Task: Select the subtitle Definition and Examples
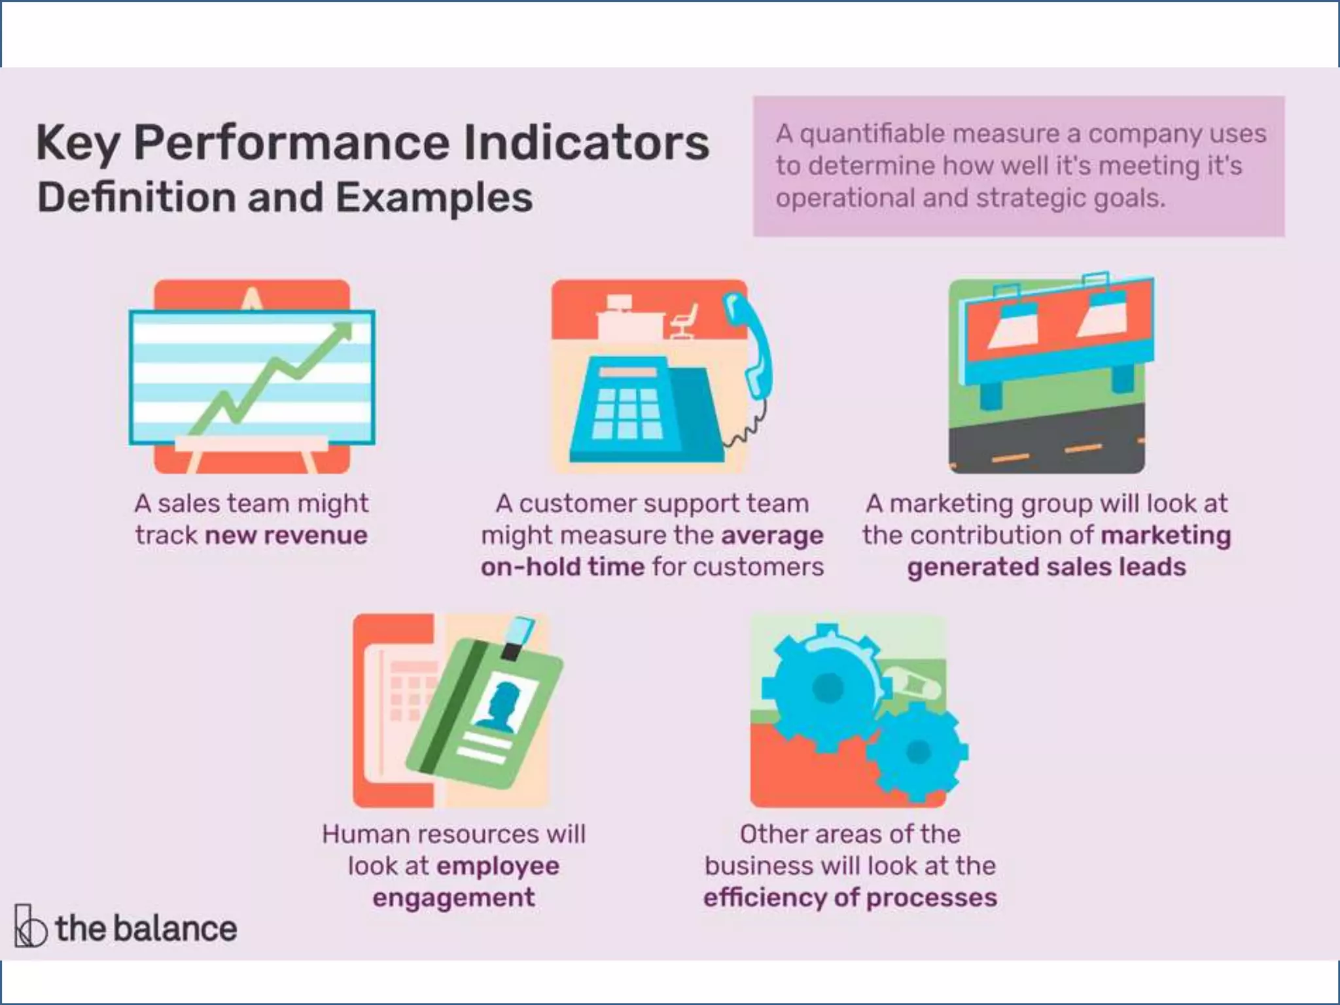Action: point(285,198)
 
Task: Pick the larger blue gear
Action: point(826,687)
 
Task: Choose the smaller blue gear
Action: point(917,752)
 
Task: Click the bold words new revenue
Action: point(286,535)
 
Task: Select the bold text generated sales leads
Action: point(1046,567)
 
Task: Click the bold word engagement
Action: point(453,897)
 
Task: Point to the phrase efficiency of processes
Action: point(850,897)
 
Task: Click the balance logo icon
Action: point(29,926)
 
